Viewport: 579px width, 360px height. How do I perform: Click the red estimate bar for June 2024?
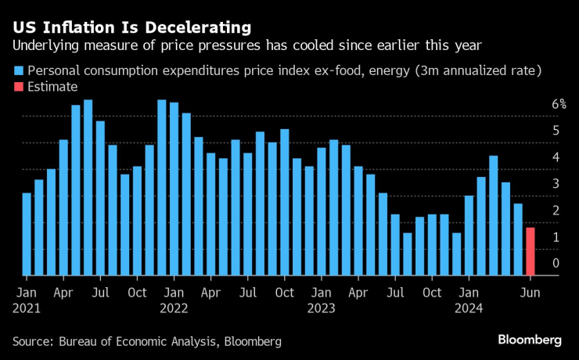530,251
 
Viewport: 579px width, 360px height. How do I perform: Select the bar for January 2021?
27,234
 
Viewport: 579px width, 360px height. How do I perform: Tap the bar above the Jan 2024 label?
469,236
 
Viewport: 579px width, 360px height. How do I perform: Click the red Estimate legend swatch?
19,87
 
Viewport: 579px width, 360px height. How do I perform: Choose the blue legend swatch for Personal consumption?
19,70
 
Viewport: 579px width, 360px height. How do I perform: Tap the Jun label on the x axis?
530,292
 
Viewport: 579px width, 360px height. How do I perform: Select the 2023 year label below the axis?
321,308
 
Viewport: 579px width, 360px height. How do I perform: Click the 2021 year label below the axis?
26,308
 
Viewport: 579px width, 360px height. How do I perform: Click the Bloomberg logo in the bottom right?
530,340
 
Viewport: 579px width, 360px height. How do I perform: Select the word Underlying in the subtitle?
42,45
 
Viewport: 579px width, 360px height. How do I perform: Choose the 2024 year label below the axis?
469,308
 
